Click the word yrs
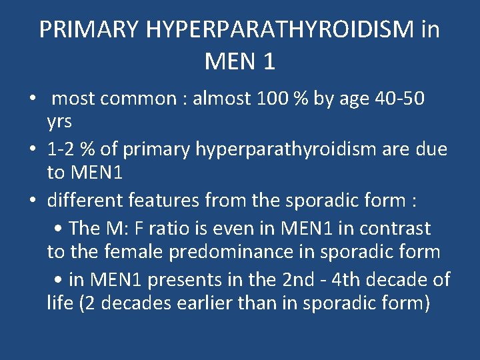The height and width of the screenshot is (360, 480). [x=59, y=122]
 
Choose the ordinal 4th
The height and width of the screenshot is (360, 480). [x=364, y=279]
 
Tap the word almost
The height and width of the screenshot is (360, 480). [x=222, y=99]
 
